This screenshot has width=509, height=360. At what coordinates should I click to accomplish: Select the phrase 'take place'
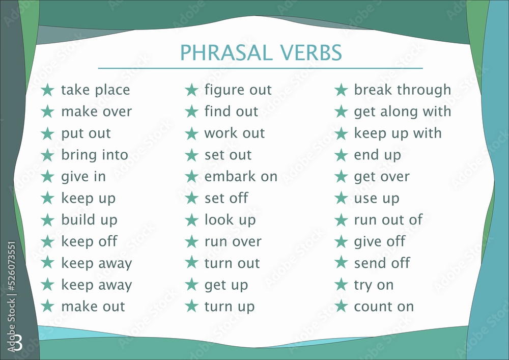(95, 90)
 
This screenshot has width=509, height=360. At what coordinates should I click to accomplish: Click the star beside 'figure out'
(191, 90)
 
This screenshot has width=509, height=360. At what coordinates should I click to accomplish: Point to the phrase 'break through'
(402, 90)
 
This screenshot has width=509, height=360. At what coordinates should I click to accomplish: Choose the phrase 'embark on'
(241, 177)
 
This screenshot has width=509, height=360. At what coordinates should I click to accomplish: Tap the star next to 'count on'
(341, 307)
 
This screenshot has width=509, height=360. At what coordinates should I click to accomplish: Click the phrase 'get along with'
(402, 112)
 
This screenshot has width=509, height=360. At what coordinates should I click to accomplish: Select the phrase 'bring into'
(95, 155)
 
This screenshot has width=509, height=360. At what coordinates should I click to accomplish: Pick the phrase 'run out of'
(388, 220)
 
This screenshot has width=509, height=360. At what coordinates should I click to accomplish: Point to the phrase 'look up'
(230, 220)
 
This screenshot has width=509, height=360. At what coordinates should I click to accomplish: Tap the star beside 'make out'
(47, 307)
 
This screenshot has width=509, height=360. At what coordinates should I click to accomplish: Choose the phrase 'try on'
(374, 285)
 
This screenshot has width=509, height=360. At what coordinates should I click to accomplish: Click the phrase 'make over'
(96, 112)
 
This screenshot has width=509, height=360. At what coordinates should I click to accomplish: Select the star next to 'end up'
(341, 155)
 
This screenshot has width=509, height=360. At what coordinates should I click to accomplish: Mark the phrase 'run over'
(233, 241)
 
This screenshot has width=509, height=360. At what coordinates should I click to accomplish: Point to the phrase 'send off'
(382, 263)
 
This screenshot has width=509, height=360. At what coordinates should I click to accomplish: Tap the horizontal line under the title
(260, 68)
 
